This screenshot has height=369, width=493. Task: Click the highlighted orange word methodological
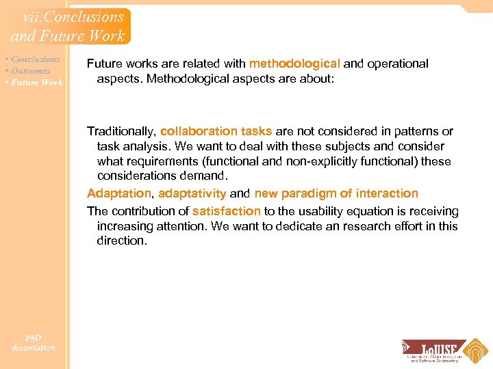[x=294, y=64]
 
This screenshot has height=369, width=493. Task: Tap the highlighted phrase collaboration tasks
[x=216, y=131]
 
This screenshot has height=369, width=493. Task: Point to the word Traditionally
[x=122, y=131]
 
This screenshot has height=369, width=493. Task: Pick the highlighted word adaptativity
[x=192, y=193]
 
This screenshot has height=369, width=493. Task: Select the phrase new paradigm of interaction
[x=336, y=193]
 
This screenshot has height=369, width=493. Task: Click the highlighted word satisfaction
[x=227, y=212]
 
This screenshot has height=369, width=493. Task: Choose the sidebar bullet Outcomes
[x=30, y=70]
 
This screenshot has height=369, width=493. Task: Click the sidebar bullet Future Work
[x=36, y=82]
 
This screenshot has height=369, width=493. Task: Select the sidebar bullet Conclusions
[x=35, y=59]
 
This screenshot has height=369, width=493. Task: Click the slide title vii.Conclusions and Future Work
[x=67, y=26]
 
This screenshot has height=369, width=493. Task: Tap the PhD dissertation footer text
[x=33, y=342]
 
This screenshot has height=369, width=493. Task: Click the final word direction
[x=122, y=241]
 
